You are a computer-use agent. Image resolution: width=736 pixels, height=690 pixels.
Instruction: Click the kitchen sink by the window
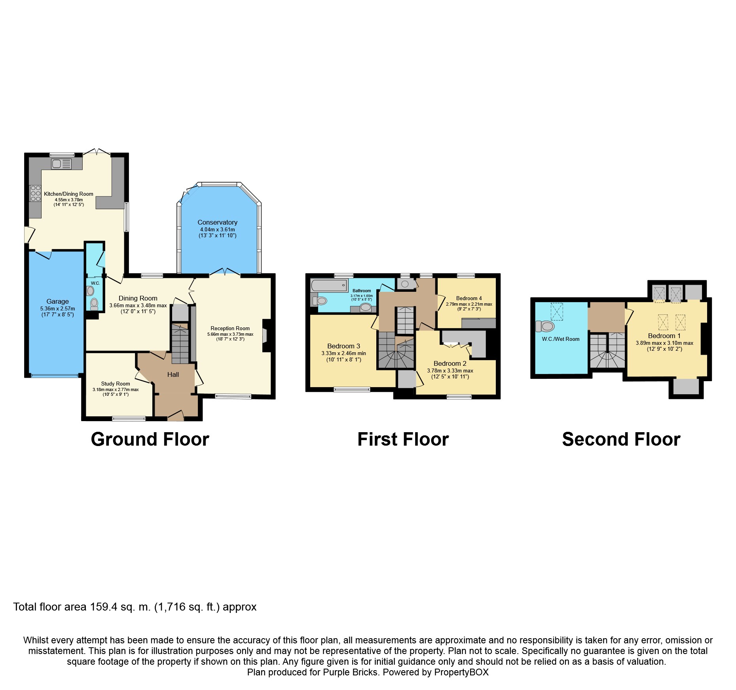click(61, 164)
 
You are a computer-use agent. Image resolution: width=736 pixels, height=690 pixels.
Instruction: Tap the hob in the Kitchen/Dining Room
click(36, 193)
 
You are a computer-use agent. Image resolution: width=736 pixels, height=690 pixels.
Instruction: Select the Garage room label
click(57, 301)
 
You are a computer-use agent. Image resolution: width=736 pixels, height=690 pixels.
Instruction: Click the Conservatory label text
click(218, 222)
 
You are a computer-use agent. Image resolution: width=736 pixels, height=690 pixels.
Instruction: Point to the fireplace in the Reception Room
click(266, 335)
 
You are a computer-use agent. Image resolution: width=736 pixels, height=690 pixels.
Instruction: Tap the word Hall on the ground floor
click(173, 374)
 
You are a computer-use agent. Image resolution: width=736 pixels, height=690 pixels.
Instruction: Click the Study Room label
click(116, 384)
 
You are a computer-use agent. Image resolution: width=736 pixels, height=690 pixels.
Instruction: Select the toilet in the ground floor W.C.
click(94, 304)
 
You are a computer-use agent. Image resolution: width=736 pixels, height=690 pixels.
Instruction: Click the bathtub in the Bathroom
click(329, 285)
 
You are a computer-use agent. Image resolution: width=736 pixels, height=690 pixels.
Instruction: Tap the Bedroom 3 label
click(343, 346)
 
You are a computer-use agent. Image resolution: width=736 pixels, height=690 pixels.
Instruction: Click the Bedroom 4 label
click(469, 298)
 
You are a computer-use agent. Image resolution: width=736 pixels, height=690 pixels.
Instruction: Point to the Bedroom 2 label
click(450, 363)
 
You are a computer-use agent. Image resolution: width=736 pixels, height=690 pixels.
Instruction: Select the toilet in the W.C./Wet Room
click(545, 326)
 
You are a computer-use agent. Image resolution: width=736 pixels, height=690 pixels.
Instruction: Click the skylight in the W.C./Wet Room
click(557, 312)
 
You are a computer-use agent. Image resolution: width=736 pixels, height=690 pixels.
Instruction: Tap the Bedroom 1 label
click(664, 336)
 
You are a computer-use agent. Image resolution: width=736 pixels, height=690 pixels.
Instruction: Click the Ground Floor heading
click(150, 439)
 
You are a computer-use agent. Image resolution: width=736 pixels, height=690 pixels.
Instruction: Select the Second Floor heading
click(621, 439)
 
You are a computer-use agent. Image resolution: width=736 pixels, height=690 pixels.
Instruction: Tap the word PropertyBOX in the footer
click(461, 672)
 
